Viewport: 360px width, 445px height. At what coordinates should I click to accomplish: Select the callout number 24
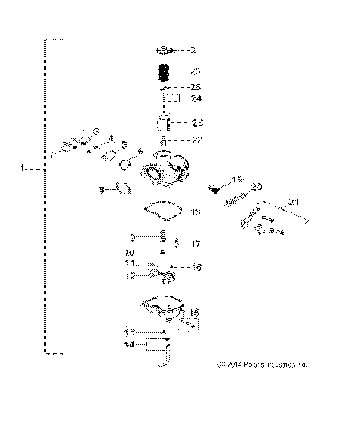196,98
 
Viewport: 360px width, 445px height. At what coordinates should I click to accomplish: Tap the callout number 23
197,122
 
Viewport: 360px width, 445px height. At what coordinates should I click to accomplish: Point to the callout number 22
196,140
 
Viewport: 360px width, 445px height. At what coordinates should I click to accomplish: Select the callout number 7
52,154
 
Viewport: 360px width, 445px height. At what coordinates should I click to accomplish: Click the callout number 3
96,132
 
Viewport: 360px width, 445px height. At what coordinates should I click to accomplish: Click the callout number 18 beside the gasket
196,212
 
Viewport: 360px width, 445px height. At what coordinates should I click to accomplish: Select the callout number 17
196,243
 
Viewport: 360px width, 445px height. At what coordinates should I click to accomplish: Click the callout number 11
130,264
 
